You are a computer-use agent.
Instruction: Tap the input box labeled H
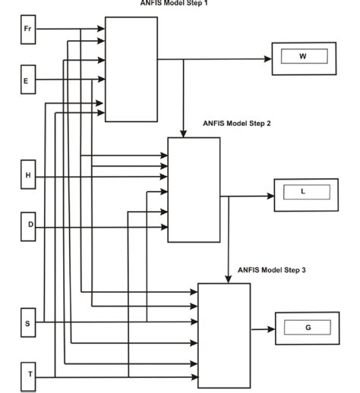tap(29, 176)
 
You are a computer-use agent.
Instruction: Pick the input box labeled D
tap(29, 225)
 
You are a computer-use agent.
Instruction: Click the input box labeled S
tap(29, 322)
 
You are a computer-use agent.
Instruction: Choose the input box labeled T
tap(29, 375)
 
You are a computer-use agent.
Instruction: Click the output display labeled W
tap(303, 57)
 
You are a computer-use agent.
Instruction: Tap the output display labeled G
tap(308, 328)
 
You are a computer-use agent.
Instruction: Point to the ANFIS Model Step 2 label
tap(238, 123)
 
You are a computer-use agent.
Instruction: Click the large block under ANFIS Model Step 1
tap(131, 69)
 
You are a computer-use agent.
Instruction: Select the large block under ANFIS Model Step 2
tap(194, 190)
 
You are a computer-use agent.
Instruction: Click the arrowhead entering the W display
tap(268, 58)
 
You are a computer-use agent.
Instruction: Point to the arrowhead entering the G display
tap(271, 329)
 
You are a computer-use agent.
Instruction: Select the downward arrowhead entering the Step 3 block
tap(229, 278)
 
